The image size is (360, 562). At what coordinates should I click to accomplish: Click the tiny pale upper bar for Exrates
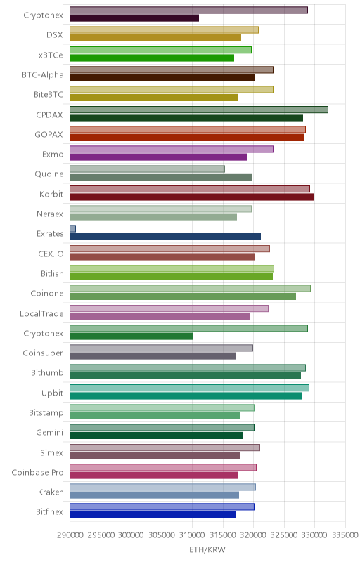coord(72,229)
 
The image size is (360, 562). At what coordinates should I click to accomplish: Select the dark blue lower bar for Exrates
coord(165,237)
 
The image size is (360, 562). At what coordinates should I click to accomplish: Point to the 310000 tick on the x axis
coord(192,535)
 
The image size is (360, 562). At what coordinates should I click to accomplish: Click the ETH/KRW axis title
coord(207,549)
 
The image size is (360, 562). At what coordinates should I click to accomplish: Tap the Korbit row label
coord(51,194)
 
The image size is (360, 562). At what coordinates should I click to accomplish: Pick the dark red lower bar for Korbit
coord(191,197)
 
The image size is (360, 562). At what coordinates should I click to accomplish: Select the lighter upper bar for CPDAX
coord(199,110)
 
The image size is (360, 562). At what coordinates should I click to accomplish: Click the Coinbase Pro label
coord(37,472)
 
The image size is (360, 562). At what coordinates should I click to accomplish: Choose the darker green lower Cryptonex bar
coord(131,336)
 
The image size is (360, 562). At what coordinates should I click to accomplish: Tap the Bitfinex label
coord(49,512)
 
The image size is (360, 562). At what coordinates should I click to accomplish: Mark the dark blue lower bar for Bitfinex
coord(153,515)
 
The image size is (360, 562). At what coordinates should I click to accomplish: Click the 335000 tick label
coord(345,535)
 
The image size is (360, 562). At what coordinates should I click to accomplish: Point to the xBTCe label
coord(51,55)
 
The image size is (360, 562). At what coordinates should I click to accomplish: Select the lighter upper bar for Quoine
coord(147,169)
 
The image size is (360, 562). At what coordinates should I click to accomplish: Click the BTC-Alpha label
coord(43,75)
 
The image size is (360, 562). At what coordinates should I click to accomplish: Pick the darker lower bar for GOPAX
coord(187,137)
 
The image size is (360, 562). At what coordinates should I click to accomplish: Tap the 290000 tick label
coord(70,535)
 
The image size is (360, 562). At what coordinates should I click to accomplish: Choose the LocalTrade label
coord(41,313)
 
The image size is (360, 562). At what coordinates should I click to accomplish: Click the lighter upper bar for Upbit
coord(189,388)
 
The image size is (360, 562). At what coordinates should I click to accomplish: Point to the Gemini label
coord(49,433)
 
